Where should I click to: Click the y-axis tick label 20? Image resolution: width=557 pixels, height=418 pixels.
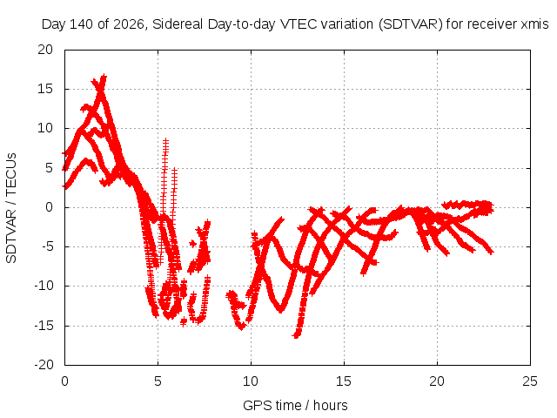point(45,50)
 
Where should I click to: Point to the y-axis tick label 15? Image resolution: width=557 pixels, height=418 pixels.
point(45,89)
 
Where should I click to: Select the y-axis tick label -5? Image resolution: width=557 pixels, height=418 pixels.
point(45,246)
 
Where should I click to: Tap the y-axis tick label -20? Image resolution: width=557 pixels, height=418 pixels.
point(44,365)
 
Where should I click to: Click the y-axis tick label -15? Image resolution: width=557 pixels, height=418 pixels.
point(44,325)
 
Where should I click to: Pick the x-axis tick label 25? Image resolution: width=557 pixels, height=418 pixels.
point(530,381)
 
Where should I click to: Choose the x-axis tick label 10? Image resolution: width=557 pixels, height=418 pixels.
point(251,381)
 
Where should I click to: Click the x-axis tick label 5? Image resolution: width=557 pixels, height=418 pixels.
point(158,381)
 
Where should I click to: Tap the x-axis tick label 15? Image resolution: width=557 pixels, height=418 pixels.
point(344,381)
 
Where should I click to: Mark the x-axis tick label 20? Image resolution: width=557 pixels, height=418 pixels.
point(437,381)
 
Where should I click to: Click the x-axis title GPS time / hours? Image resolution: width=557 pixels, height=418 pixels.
point(295,406)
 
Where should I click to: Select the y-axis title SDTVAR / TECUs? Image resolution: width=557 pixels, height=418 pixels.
point(11,208)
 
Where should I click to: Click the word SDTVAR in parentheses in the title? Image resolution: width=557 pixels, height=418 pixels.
point(410,24)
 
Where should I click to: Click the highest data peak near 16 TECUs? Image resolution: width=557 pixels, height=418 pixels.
point(104,77)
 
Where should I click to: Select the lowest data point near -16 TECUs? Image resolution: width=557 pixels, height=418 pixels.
point(296,335)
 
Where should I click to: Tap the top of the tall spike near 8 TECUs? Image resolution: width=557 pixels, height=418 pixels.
point(165,141)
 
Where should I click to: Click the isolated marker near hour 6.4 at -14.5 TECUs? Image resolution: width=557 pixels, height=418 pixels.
point(184,322)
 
